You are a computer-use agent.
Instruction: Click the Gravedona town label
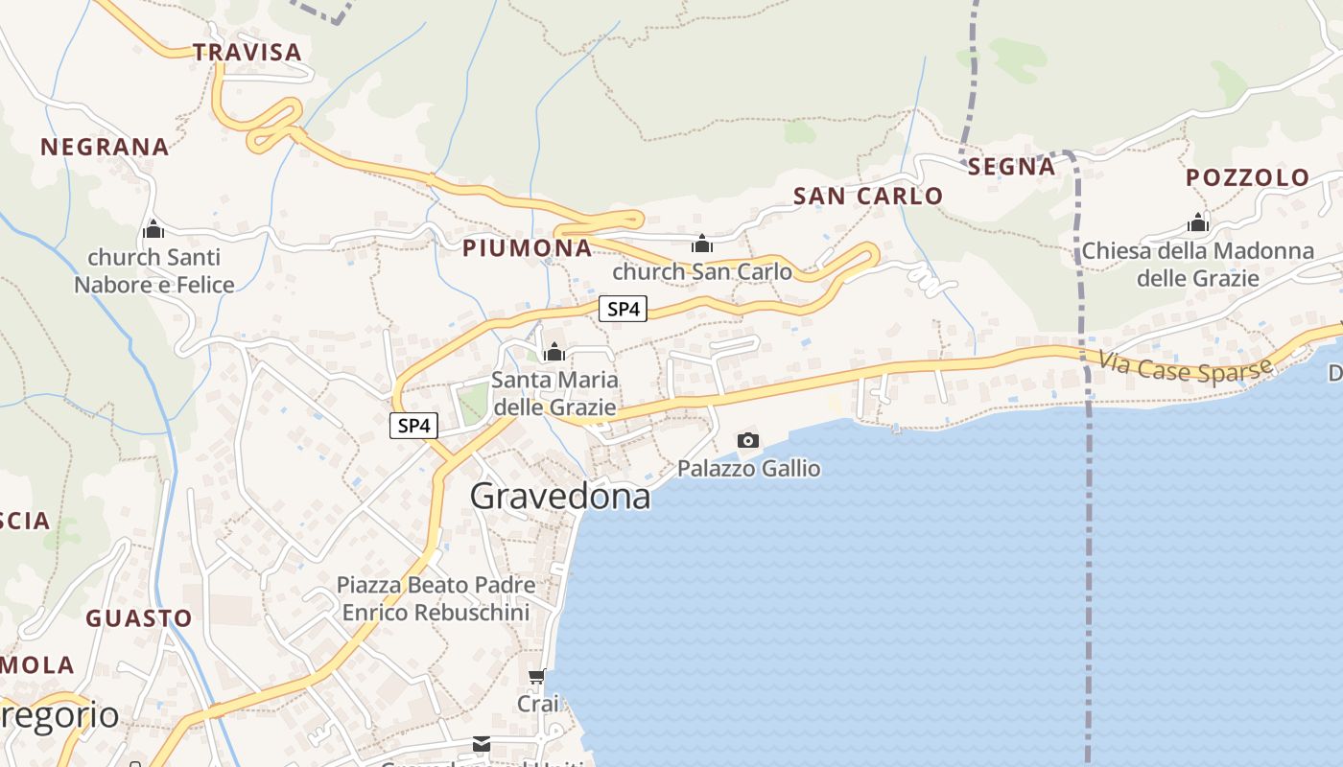560,496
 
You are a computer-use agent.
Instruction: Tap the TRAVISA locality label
247,52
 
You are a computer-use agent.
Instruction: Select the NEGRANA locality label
105,147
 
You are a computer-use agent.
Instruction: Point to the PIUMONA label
527,248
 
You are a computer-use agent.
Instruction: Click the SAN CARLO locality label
868,197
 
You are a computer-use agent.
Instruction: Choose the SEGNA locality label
1011,167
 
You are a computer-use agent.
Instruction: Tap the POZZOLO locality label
1247,177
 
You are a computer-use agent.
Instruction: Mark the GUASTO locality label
139,618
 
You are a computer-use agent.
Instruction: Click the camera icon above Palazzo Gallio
748,440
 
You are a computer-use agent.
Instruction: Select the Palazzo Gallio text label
748,468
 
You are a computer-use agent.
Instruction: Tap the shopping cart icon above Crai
537,677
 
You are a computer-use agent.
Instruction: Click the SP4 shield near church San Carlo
623,309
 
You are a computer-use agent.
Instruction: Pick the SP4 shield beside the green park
413,426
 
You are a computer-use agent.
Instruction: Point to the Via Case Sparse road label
1185,365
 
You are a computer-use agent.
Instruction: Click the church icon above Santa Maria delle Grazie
554,353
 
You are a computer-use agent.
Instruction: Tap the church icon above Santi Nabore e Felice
153,230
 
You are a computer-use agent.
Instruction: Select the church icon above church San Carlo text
702,244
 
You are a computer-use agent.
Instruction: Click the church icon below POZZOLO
1197,223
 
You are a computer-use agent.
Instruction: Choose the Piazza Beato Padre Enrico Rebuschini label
436,598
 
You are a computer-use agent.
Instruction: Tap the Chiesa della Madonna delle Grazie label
1197,265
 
